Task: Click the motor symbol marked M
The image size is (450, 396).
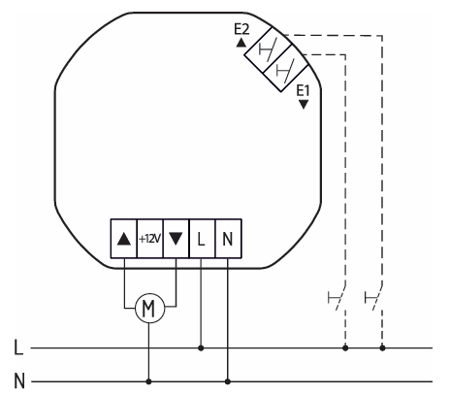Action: click(x=149, y=308)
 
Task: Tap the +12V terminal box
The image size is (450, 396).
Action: click(x=150, y=239)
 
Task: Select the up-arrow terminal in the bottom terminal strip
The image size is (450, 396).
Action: click(x=124, y=239)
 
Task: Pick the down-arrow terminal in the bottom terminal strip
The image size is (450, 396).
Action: click(x=176, y=239)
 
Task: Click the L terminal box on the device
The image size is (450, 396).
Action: click(x=202, y=239)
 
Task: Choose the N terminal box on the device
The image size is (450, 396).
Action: click(x=228, y=239)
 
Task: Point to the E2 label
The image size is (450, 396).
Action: click(x=241, y=30)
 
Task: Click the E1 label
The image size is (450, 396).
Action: click(x=303, y=91)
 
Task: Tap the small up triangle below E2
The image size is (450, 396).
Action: click(x=241, y=43)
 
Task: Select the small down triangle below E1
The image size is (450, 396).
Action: click(x=304, y=105)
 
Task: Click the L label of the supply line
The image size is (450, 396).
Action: click(x=18, y=347)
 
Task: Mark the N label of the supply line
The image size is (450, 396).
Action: click(x=19, y=381)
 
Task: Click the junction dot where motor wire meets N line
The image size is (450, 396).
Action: click(x=148, y=381)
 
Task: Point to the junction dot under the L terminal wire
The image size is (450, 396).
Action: click(x=201, y=348)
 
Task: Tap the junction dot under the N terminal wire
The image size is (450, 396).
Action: click(x=228, y=381)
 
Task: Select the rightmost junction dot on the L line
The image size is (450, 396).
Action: click(x=382, y=348)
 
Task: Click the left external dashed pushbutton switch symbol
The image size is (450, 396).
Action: click(x=337, y=297)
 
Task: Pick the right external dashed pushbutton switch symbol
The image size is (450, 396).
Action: click(x=373, y=297)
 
